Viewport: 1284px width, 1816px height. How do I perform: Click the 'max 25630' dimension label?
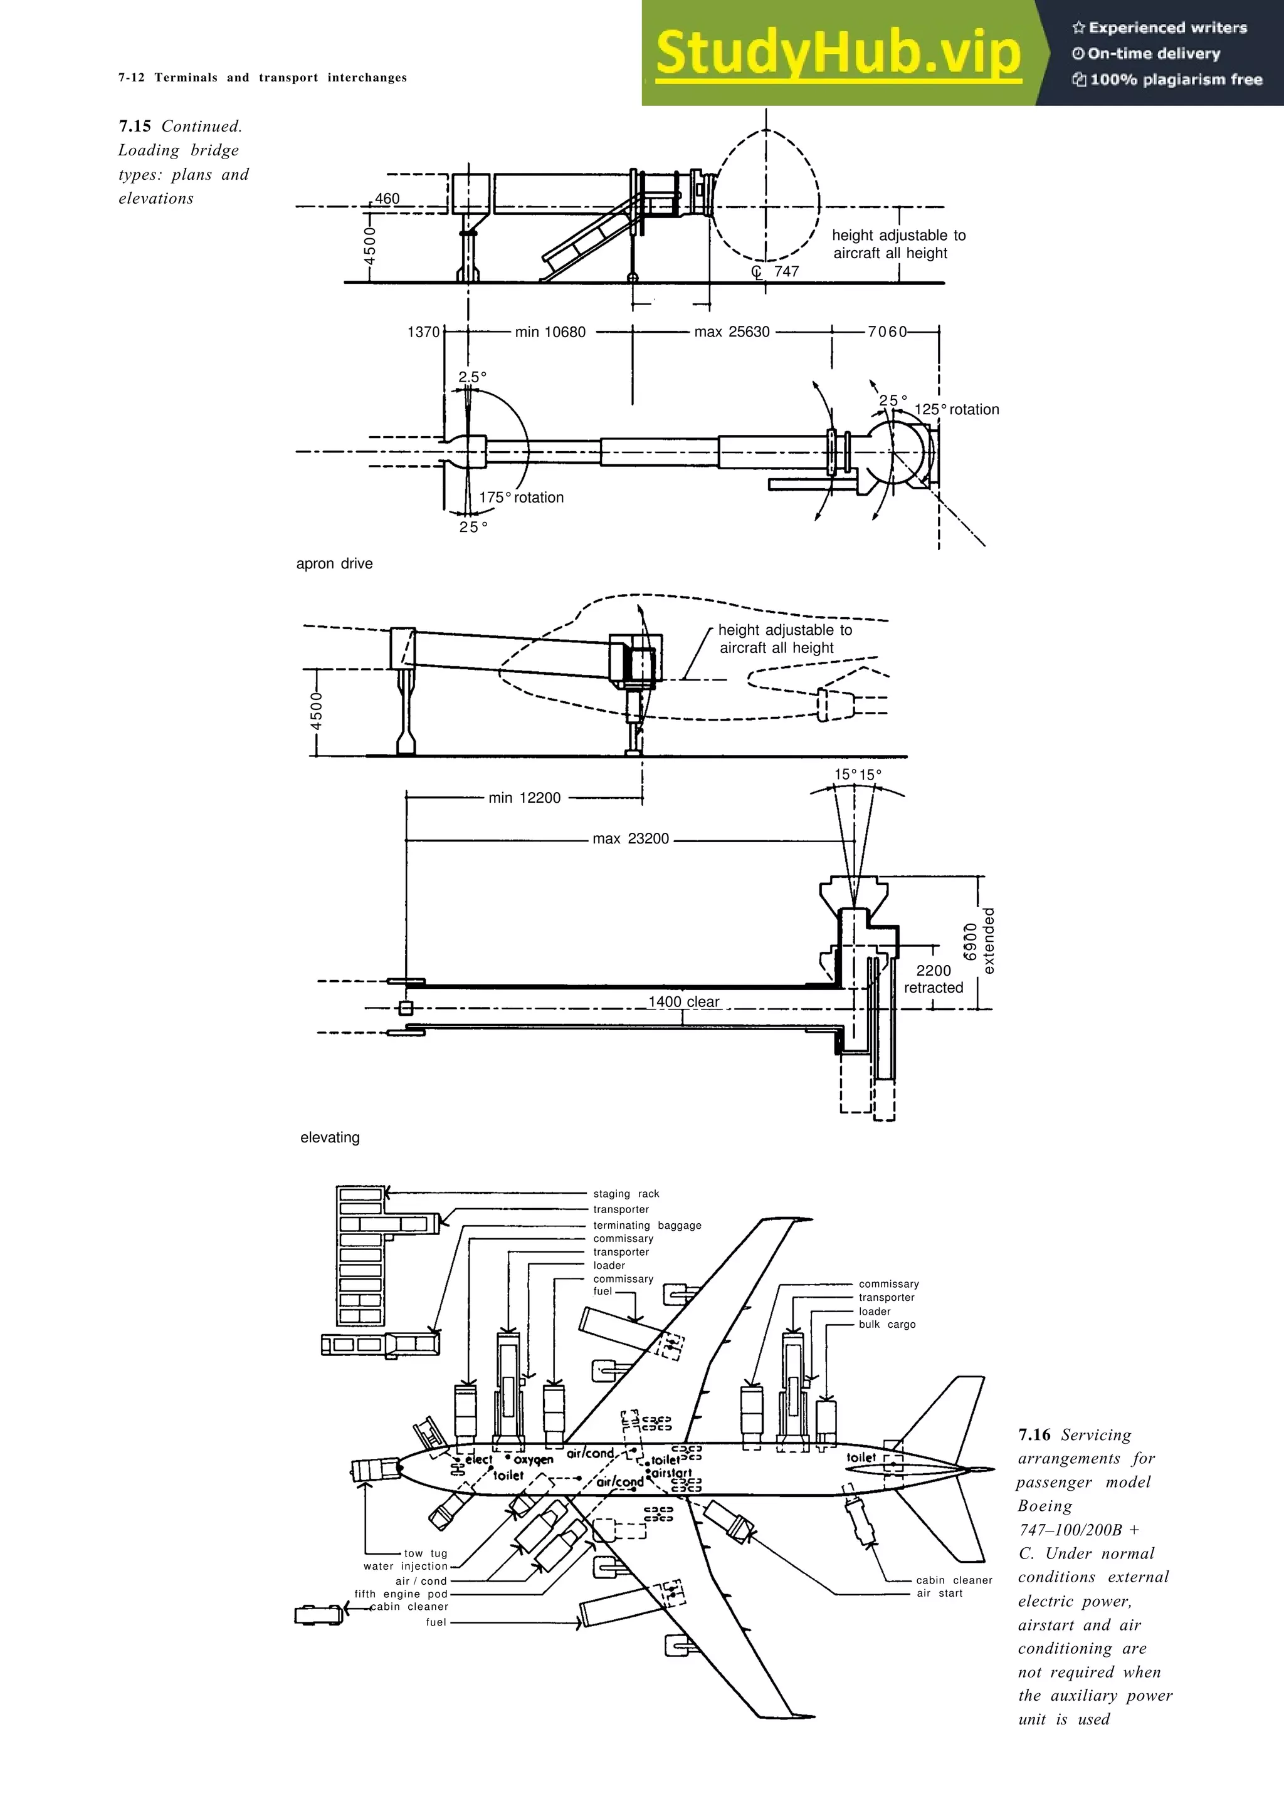click(731, 332)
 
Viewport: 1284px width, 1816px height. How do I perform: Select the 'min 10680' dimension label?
click(550, 332)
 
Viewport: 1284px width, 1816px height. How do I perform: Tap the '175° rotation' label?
click(522, 498)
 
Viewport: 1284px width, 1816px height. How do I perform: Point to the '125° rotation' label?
click(957, 410)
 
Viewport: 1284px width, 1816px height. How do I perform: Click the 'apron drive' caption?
click(334, 564)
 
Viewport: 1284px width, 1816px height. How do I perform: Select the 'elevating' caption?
click(330, 1137)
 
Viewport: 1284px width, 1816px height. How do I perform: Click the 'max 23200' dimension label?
click(631, 838)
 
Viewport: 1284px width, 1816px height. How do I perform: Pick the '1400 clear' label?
click(683, 1001)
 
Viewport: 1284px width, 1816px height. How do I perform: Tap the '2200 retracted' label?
click(934, 979)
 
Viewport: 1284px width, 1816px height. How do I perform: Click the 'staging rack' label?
click(626, 1194)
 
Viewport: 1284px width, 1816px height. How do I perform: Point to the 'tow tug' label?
click(426, 1553)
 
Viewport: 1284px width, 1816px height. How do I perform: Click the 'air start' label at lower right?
click(939, 1593)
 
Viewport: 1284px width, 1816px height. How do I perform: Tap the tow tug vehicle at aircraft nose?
click(376, 1470)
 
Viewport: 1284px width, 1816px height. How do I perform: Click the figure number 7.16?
click(1034, 1435)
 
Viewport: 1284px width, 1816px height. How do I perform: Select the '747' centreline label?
click(786, 271)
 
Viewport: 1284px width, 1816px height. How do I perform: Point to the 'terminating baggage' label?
click(647, 1225)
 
